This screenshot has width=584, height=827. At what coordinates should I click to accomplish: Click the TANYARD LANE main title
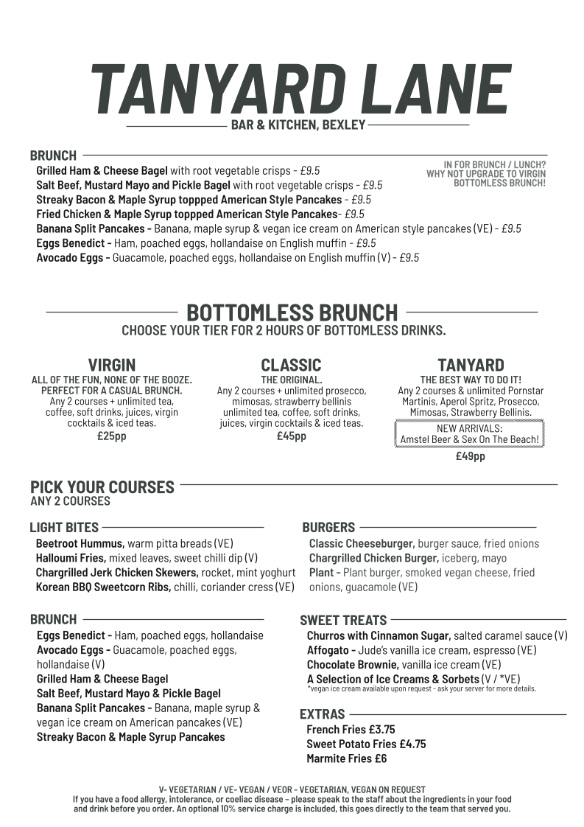pos(299,88)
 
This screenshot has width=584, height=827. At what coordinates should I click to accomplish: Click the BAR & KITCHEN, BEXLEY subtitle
pos(298,125)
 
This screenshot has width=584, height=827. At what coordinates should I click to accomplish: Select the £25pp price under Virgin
pos(112,436)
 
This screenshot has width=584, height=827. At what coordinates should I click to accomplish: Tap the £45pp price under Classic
pos(291,436)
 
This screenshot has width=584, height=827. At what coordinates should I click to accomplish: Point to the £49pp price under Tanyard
pos(470,456)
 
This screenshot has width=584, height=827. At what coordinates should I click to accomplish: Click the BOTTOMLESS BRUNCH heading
pos(292,312)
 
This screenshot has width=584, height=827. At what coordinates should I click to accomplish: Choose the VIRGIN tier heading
pos(112,365)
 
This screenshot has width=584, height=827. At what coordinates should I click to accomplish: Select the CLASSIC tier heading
pos(291,365)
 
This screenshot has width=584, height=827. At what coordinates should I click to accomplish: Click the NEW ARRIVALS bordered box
pos(470,434)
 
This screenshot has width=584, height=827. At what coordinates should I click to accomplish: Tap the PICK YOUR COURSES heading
pos(102,487)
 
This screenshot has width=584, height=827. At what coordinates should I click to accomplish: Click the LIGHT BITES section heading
pos(64,527)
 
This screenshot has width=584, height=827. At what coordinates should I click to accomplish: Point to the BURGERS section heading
pos(328,527)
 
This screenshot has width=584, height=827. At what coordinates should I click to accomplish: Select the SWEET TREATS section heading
pos(343,620)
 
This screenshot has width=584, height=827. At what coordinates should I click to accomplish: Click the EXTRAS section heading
pos(323,713)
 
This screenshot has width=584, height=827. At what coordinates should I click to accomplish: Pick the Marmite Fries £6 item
pos(346,758)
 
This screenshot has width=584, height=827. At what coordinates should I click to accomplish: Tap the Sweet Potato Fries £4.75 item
pos(366,744)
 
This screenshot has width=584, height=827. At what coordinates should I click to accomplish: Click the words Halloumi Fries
pos(71,558)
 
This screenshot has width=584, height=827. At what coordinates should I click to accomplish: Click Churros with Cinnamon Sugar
pos(378,635)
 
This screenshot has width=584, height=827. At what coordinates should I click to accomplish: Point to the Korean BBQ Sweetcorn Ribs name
pos(103,587)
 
